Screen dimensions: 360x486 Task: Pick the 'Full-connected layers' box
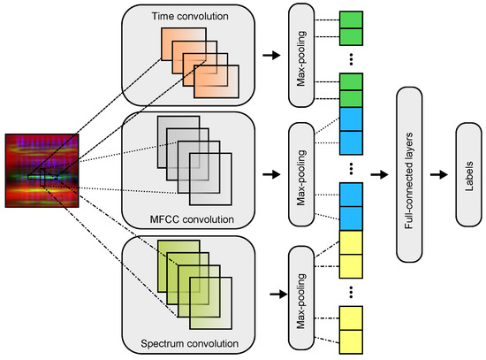(409, 174)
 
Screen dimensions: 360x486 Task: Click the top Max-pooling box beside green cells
(302, 54)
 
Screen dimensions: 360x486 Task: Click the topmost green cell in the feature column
(351, 19)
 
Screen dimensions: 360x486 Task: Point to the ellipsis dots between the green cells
(351, 60)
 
